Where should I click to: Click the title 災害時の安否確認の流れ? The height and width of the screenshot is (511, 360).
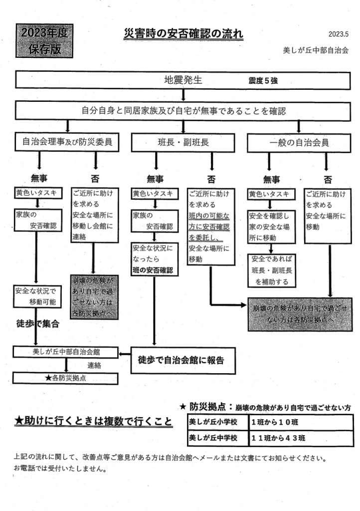click(183, 34)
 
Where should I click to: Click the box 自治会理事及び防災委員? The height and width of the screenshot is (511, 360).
click(67, 142)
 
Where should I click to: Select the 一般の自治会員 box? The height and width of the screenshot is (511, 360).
click(299, 142)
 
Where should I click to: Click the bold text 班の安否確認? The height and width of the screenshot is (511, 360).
click(153, 270)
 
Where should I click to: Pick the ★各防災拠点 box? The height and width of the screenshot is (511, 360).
click(67, 378)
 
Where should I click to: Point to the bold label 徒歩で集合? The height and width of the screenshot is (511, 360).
click(38, 324)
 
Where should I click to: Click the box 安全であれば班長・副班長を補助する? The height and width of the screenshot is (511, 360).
click(271, 270)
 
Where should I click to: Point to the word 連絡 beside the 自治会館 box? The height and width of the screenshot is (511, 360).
click(95, 365)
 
